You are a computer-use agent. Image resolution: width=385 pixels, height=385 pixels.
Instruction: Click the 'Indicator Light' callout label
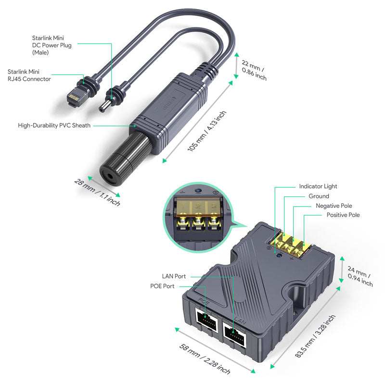point(318,186)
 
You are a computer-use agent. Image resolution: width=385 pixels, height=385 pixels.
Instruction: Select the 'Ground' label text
point(319,196)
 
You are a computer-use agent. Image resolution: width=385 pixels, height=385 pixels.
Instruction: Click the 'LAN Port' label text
point(174,276)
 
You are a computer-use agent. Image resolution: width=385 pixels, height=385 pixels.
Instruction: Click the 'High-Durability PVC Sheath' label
point(54,125)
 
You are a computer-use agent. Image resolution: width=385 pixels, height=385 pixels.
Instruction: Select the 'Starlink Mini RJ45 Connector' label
point(29,75)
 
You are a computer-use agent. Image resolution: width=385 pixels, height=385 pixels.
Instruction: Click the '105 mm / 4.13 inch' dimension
point(207,131)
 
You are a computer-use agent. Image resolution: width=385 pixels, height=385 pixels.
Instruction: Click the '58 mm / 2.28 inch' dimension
point(205,359)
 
